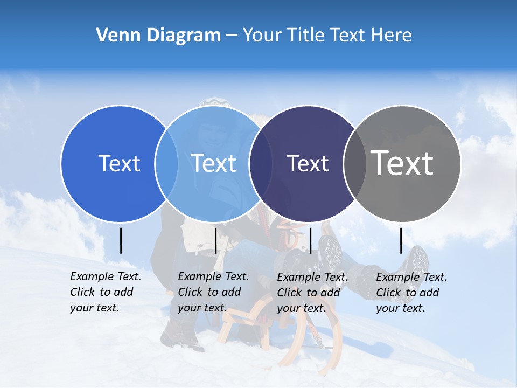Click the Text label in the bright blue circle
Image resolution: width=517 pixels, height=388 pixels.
point(119,163)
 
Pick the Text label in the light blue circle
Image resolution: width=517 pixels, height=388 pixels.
point(214,163)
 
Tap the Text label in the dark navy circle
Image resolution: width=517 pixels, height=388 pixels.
point(308,163)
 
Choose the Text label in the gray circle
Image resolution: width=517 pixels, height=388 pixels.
point(402,163)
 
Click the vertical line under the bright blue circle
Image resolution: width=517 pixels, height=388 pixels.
point(121,240)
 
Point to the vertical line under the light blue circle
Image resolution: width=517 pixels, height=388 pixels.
point(215,240)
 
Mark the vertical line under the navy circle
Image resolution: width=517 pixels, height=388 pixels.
point(310,240)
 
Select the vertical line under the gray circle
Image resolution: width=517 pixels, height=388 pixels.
point(401,240)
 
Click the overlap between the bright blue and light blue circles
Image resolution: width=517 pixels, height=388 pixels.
point(166,163)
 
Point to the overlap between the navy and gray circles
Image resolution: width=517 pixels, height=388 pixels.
point(355,163)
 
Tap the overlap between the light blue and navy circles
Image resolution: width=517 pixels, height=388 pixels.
point(261,163)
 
